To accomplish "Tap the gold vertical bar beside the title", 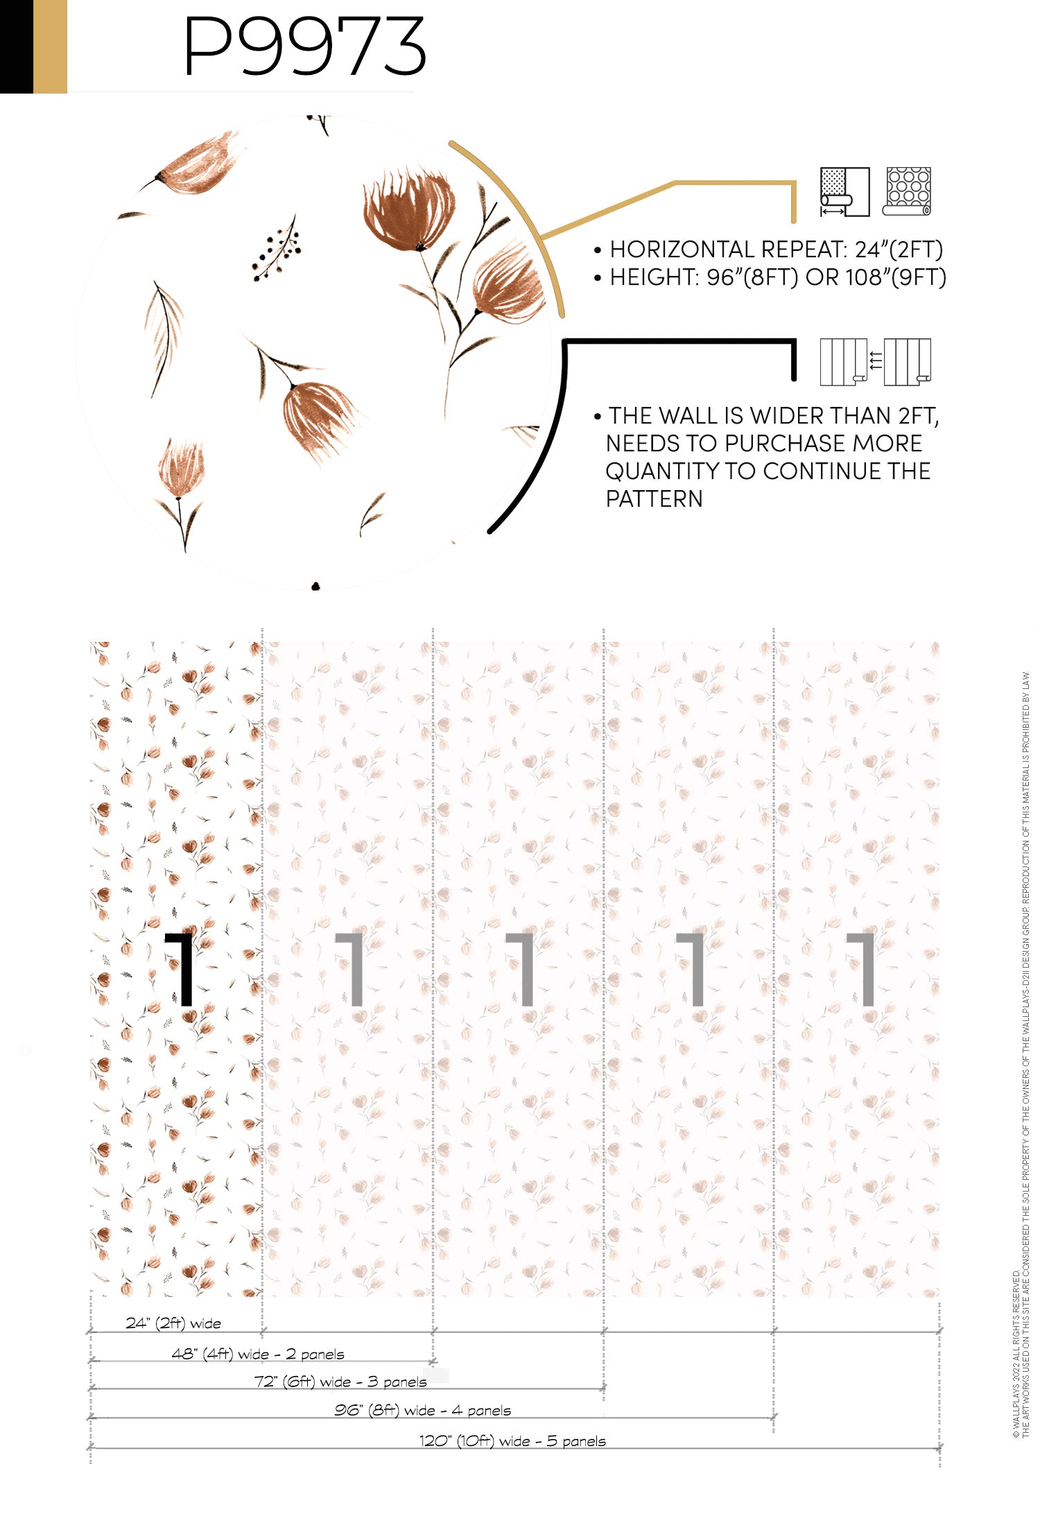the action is [x=50, y=46].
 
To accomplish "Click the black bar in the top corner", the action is [x=17, y=46].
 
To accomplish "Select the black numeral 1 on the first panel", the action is [x=180, y=969].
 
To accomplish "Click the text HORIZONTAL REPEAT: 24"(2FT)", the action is [x=776, y=250].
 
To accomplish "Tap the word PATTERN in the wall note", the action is [x=654, y=499].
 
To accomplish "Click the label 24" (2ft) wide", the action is [x=173, y=1323].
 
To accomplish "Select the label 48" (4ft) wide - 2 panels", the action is [x=258, y=1354].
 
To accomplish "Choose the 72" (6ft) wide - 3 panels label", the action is [x=340, y=1382].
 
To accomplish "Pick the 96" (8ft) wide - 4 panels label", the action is [x=422, y=1410].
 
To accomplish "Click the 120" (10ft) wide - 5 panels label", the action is [x=512, y=1440].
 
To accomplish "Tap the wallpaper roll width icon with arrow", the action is [x=844, y=192].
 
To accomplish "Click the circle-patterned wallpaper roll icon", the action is [x=907, y=191].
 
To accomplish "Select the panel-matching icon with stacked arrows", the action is [x=876, y=362].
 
